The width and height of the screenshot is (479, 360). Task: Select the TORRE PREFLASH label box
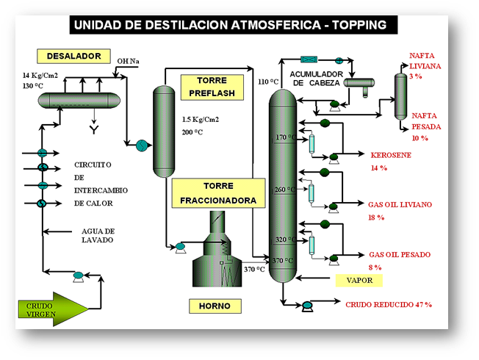[207, 86]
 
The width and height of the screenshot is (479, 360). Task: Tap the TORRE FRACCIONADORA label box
[214, 192]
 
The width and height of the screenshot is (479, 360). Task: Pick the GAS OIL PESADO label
[400, 255]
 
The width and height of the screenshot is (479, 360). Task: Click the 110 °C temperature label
[268, 82]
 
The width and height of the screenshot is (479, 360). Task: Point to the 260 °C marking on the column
[284, 190]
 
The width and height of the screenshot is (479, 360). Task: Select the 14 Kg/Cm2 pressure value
[40, 76]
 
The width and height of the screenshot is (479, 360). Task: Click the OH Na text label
[129, 61]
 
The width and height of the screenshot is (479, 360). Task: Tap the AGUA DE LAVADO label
[98, 235]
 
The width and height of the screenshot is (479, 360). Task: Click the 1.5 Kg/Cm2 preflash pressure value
[200, 119]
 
